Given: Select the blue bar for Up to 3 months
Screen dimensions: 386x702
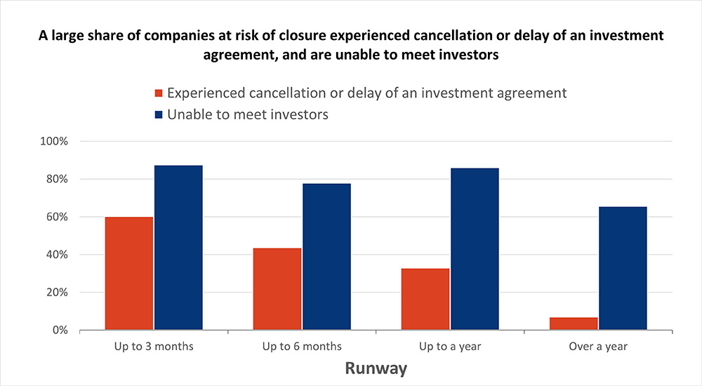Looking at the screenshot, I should [178, 247].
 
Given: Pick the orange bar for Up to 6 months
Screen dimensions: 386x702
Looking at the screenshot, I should [277, 288].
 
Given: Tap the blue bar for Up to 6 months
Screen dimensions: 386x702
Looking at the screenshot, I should [326, 256].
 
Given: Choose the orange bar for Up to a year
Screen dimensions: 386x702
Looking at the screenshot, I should [425, 299].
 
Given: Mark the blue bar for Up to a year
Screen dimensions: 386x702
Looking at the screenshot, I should [475, 248].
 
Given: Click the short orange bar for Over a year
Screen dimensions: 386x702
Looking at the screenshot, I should [574, 324].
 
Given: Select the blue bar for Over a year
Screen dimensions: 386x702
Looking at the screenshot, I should [623, 268].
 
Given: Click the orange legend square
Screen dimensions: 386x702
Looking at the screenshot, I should [159, 93].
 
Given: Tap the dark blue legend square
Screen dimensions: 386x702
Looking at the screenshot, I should [159, 114].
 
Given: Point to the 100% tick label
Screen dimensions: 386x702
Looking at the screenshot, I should [54, 141].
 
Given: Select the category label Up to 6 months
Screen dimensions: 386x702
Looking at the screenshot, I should [302, 346].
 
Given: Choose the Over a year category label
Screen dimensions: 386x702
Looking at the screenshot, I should [598, 346].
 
